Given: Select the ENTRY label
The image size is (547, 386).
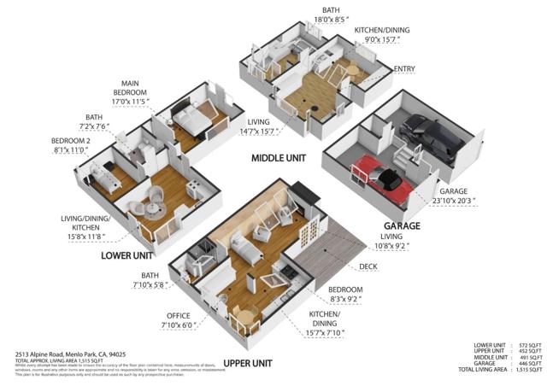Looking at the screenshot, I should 404,68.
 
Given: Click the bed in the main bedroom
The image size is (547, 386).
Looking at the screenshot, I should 189,120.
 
